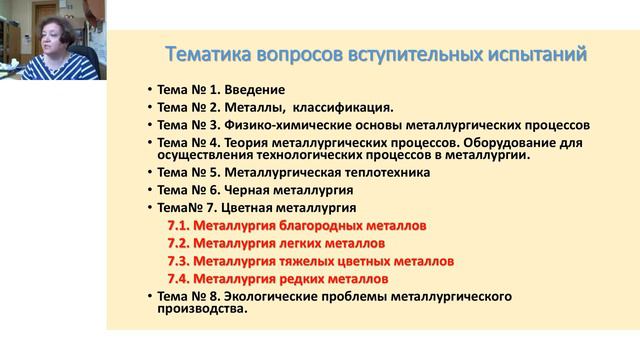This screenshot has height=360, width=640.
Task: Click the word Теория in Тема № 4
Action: coord(242,143)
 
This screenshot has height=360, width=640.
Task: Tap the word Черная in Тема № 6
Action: coord(243,189)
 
